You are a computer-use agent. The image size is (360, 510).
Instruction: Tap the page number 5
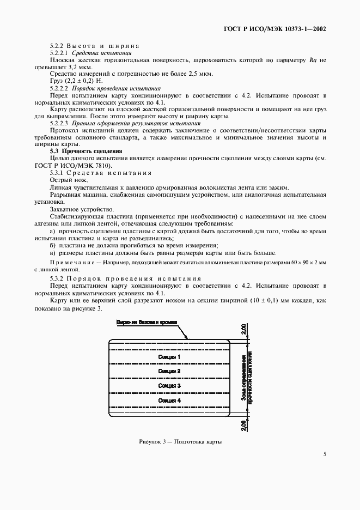(324, 453)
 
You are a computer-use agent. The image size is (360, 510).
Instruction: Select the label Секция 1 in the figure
(169, 357)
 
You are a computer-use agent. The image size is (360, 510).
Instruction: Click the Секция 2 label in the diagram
(169, 371)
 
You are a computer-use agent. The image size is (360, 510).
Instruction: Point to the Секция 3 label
(169, 386)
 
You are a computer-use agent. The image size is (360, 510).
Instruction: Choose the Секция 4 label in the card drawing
(169, 400)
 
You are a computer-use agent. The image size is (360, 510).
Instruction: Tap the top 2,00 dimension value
(244, 330)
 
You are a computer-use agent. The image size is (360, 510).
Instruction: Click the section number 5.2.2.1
(58, 53)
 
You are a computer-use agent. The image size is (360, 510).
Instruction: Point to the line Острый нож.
(67, 179)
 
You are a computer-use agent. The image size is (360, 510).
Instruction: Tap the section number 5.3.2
(58, 278)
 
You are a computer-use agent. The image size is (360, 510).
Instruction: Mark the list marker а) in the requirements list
(53, 232)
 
